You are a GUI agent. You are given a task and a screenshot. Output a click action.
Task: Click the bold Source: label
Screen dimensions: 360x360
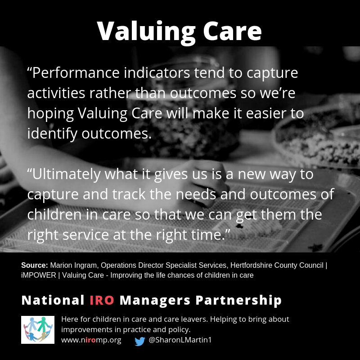34,265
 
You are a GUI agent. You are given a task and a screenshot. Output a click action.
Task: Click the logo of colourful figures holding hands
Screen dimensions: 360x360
38,330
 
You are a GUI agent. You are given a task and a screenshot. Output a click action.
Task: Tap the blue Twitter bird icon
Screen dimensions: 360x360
140,341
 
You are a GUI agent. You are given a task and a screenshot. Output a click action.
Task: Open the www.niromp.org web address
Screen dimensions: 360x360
91,340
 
